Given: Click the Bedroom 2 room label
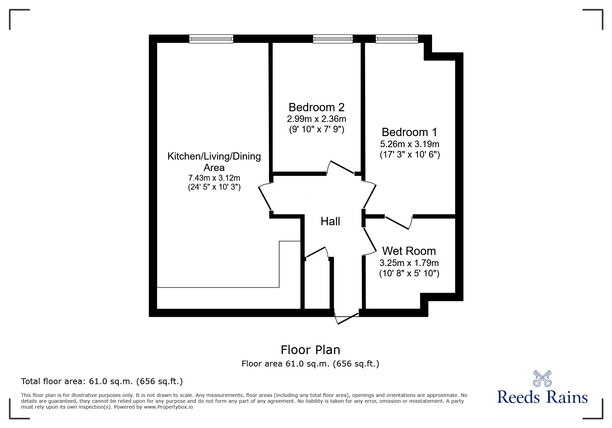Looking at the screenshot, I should [316, 107].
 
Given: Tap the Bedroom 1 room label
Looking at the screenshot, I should [409, 132].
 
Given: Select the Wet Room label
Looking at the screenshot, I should [409, 251].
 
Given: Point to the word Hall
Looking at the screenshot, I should [330, 221].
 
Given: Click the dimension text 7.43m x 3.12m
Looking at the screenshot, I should [214, 178].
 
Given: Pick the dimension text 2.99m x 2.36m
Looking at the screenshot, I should [316, 119].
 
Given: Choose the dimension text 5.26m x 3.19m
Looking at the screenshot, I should [409, 144].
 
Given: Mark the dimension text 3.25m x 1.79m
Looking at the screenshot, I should [409, 263].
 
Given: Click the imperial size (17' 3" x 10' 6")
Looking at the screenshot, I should [409, 154].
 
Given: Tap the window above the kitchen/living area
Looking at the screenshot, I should [211, 39].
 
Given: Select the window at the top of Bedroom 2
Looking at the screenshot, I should [332, 39].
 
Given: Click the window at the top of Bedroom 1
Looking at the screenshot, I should [397, 39].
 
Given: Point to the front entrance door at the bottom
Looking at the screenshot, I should [347, 318].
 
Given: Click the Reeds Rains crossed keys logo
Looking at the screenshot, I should [542, 379].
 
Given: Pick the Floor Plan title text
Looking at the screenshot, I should [310, 350].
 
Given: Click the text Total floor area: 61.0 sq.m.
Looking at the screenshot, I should [102, 381].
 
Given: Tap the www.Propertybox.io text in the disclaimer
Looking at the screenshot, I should [168, 407].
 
